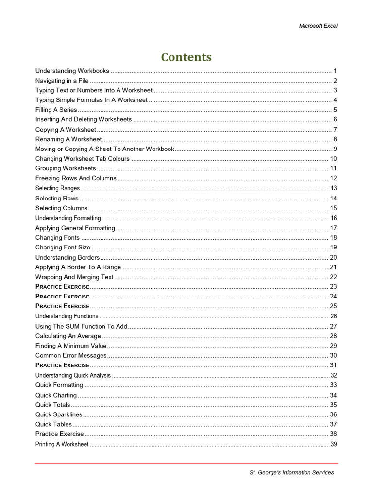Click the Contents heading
point(186,57)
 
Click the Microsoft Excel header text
point(318,26)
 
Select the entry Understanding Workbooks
point(72,71)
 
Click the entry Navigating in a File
point(62,81)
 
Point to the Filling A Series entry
point(56,110)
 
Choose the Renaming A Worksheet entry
point(68,139)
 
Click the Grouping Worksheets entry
point(66,168)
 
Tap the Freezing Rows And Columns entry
point(76,178)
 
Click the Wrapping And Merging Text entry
point(74,277)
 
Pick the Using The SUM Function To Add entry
point(81,326)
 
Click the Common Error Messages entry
point(71,355)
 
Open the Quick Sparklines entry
point(59,414)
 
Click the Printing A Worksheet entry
point(62,444)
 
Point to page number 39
point(334,444)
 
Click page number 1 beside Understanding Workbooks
point(335,71)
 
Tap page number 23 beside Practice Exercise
point(334,286)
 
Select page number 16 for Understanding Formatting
point(334,218)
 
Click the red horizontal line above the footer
point(186,464)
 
